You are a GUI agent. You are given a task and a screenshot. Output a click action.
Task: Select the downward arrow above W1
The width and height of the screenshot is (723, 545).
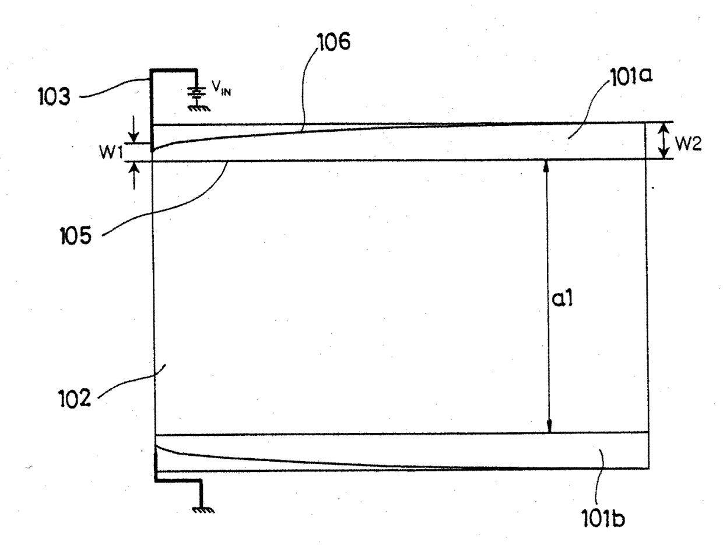point(135,130)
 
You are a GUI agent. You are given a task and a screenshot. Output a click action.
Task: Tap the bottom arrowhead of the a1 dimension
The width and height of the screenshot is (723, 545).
point(548,427)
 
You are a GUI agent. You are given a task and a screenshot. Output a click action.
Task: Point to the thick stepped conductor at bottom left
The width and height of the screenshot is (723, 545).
point(177,480)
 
